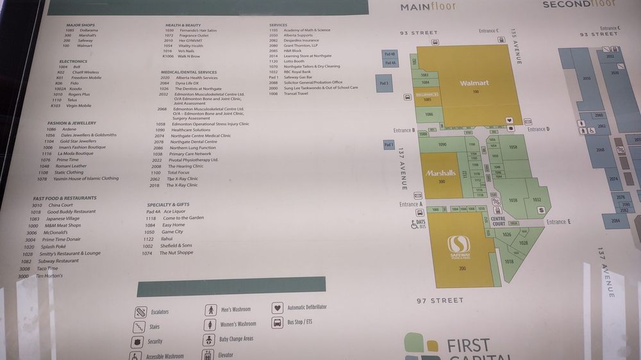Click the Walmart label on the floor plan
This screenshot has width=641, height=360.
474,83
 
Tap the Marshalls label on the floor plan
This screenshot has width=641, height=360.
440,173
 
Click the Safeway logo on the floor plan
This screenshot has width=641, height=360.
458,244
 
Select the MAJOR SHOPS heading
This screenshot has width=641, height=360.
81,25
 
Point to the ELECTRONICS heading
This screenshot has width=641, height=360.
73,61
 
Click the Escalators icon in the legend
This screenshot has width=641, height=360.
141,312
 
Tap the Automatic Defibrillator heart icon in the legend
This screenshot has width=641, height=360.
278,307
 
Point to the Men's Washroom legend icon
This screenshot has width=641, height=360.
210,310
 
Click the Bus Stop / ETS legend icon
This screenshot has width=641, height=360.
278,322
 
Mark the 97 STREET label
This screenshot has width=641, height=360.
439,300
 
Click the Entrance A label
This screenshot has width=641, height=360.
411,204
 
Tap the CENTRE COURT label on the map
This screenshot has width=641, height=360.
498,222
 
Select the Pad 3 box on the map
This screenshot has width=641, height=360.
383,83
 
